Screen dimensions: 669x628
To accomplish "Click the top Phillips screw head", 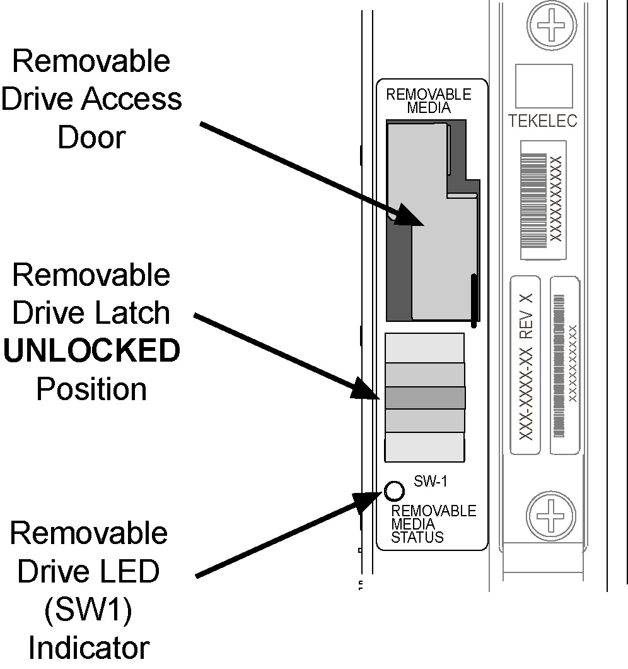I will (551, 27).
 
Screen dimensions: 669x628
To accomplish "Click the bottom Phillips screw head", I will (551, 510).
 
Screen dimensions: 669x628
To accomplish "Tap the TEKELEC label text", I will (543, 121).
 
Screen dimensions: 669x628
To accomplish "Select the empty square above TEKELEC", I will (544, 86).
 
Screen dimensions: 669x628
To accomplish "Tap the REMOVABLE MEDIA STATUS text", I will (434, 524).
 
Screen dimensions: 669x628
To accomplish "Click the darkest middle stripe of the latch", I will (424, 398).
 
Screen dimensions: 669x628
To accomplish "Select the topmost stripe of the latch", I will (424, 348).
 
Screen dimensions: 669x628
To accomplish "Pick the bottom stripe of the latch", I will (424, 447).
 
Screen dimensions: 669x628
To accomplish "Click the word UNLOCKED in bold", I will (92, 352).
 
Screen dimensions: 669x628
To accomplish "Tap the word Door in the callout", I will (91, 137).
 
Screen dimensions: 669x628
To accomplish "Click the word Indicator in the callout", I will (90, 648).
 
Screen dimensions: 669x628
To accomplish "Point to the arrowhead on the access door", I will (410, 218).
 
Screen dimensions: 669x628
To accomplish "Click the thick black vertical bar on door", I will (473, 297).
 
